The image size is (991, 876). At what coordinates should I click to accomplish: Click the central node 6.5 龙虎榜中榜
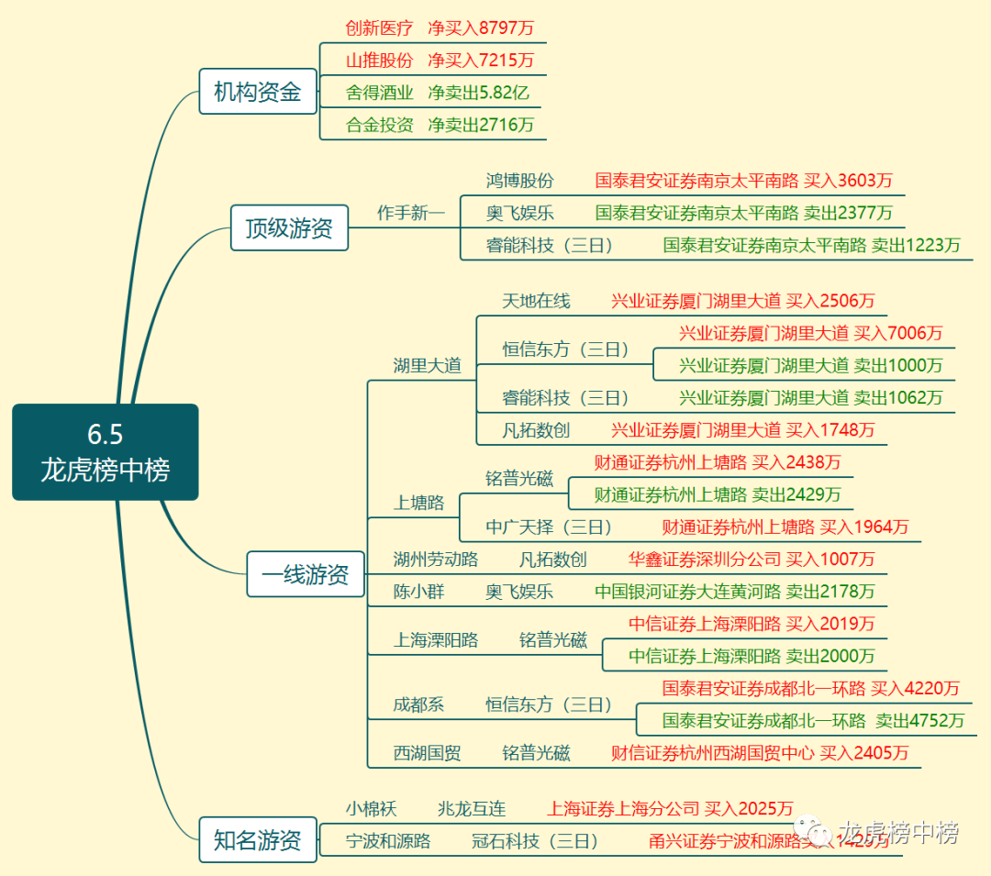click(x=106, y=452)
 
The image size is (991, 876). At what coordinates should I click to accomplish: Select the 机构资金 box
click(x=258, y=92)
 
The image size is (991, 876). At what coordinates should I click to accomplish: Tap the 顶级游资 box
click(x=289, y=227)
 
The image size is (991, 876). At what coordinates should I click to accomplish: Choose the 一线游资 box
click(x=306, y=574)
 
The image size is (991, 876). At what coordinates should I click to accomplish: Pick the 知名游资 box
click(x=258, y=840)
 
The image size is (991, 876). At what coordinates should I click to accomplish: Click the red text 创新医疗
click(x=379, y=28)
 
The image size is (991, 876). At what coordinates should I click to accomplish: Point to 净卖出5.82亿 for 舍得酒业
click(x=478, y=93)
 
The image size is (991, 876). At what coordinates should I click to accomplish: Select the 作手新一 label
click(x=410, y=213)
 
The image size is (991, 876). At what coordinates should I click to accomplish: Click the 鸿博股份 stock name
click(x=520, y=181)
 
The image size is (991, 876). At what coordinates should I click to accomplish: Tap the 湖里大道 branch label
click(x=427, y=366)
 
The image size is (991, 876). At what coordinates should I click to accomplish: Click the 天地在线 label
click(x=536, y=301)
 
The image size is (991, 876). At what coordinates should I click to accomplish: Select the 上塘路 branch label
click(x=418, y=503)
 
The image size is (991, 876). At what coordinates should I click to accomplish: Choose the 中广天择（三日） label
click(x=549, y=527)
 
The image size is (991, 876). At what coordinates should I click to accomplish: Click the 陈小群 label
click(x=418, y=592)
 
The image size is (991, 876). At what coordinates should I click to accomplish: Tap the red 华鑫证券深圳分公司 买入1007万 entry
click(x=752, y=559)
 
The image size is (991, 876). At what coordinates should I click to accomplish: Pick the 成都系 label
click(x=418, y=704)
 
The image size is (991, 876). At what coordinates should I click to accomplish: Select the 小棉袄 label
click(x=371, y=809)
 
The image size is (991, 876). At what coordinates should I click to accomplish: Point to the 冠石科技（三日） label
click(x=535, y=841)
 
